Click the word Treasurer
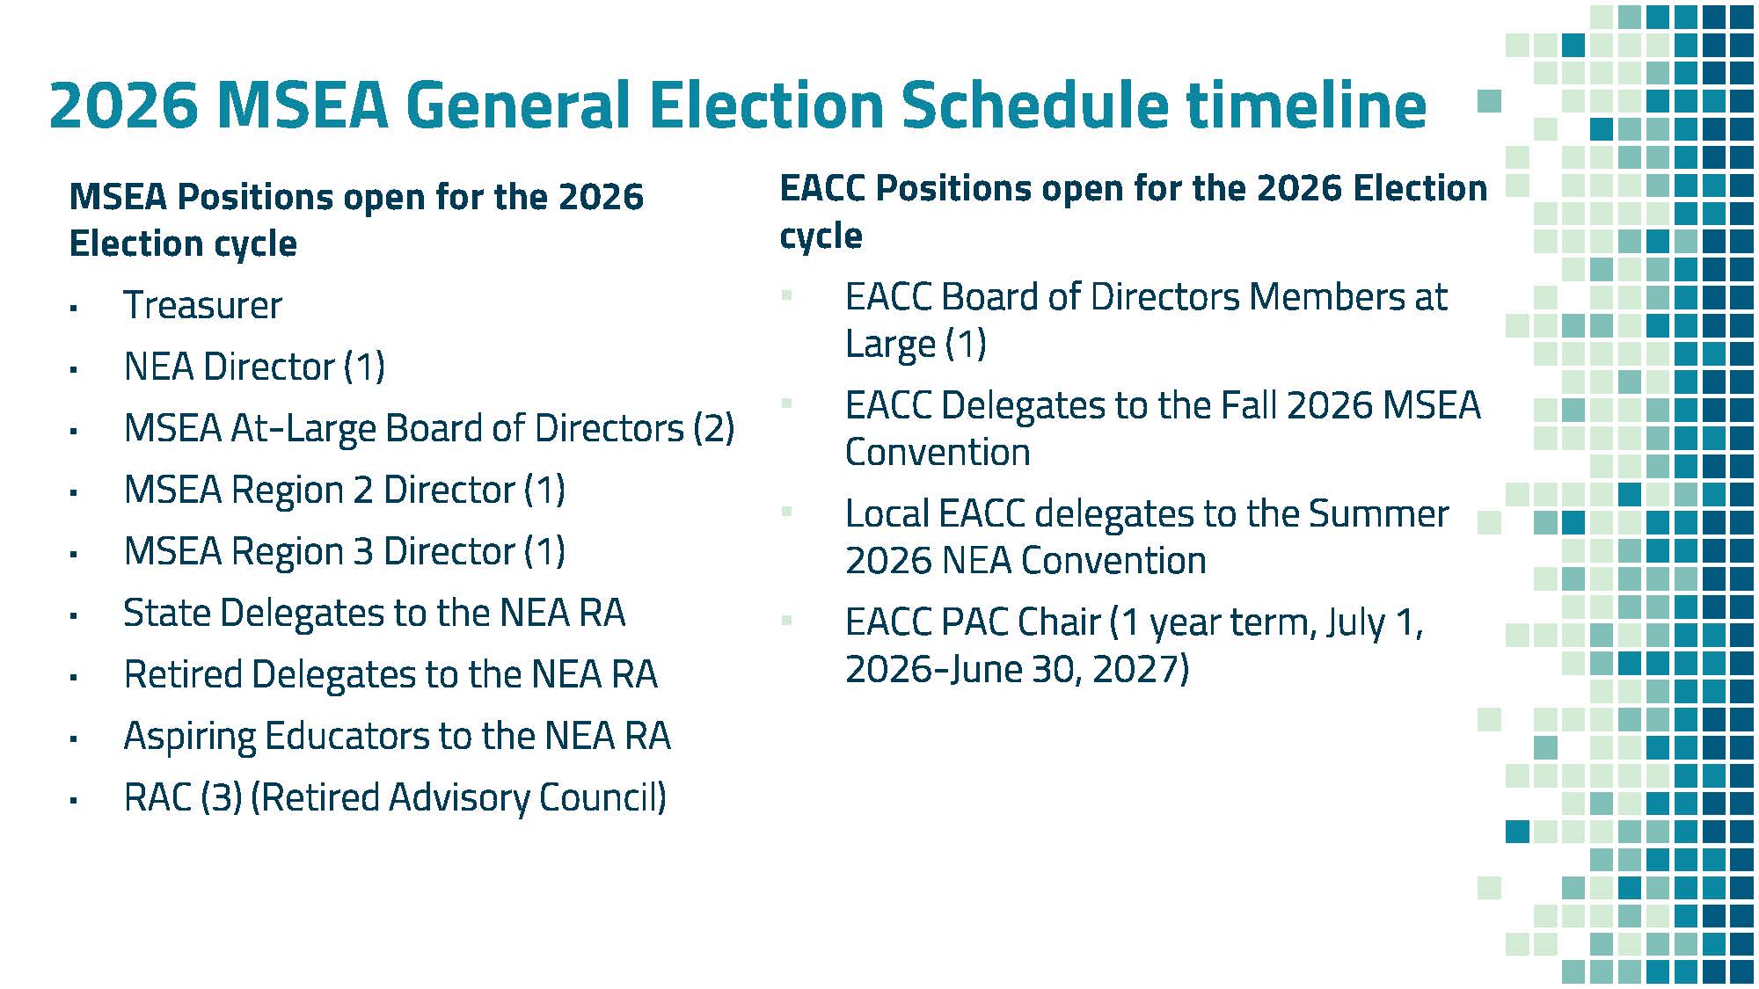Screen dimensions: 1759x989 (x=202, y=305)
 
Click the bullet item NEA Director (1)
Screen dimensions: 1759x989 (x=254, y=367)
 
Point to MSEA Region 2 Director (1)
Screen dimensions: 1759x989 (x=345, y=490)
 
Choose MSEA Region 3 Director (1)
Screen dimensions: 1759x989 (x=345, y=551)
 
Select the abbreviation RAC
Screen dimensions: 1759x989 (x=157, y=797)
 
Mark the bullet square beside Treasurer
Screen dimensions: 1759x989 (x=74, y=309)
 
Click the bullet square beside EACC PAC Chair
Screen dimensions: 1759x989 (x=787, y=621)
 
